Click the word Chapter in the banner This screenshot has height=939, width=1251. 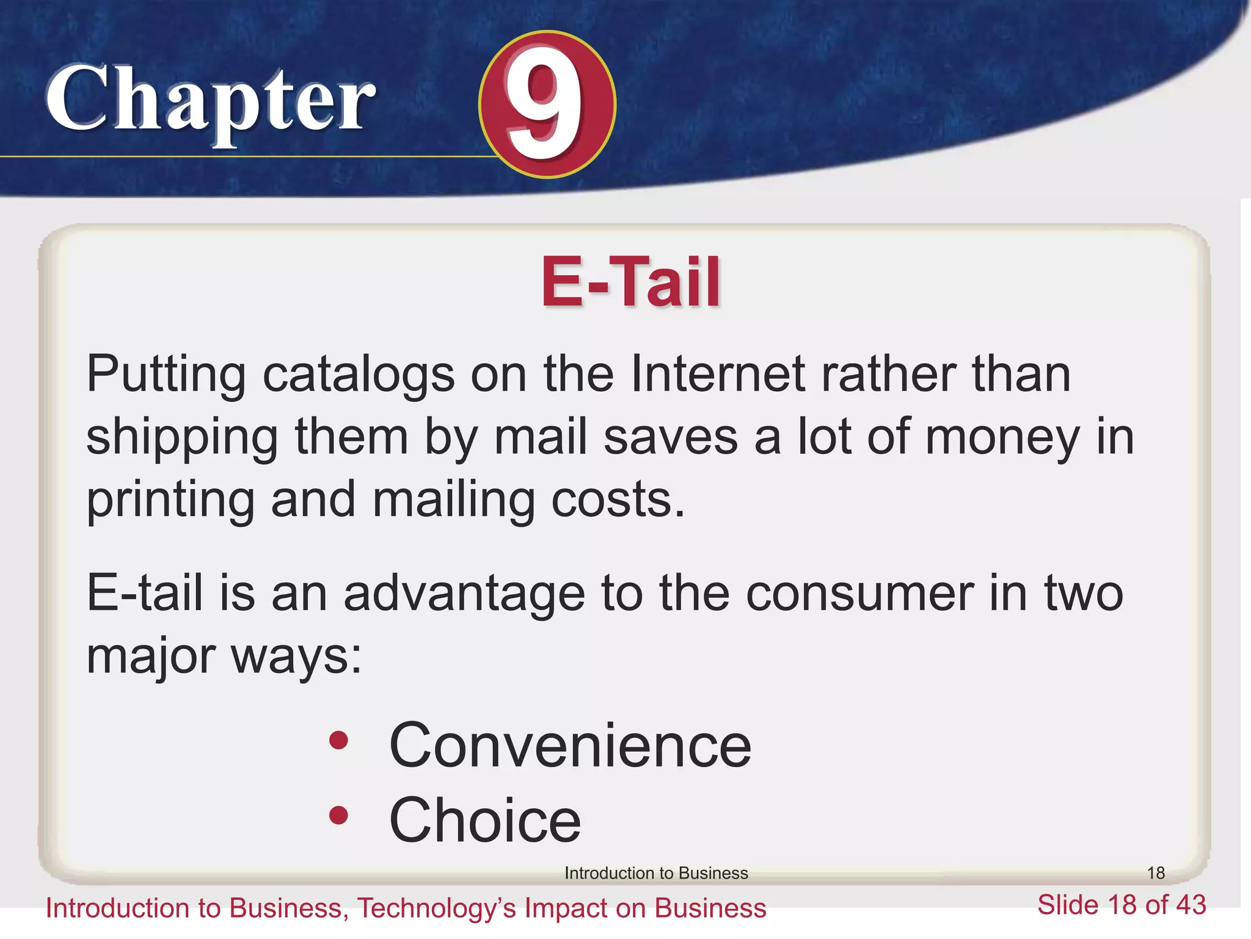click(211, 101)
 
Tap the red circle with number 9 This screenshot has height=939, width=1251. click(547, 105)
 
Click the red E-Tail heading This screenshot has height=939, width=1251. click(630, 282)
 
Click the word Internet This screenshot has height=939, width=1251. click(717, 374)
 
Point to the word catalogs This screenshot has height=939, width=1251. click(358, 375)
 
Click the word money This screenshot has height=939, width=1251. click(1002, 438)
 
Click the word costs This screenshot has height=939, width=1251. click(618, 499)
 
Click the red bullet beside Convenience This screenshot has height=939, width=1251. click(338, 741)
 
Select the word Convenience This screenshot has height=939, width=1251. click(570, 745)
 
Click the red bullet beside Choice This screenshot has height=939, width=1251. click(338, 815)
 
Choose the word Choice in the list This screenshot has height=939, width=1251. click(485, 820)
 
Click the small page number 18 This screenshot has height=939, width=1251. click(1156, 873)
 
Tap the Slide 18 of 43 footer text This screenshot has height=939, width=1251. click(1122, 905)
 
